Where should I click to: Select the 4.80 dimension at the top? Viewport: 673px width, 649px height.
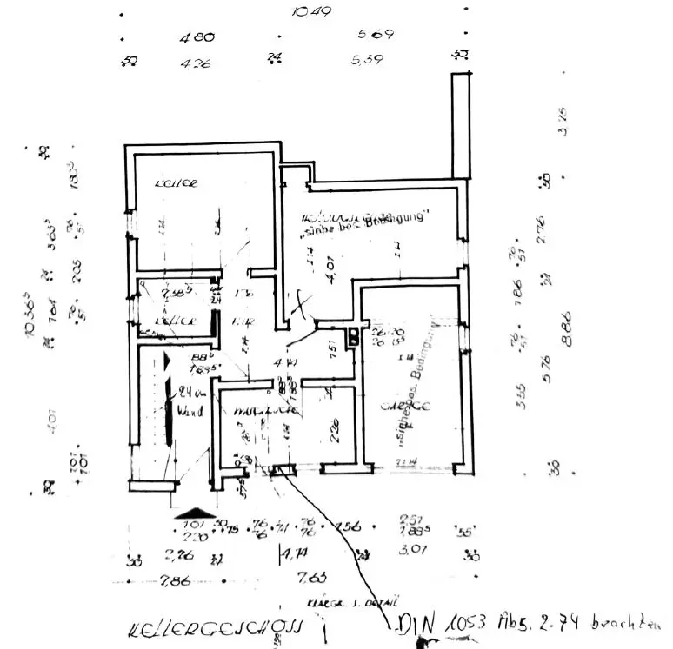click(x=197, y=38)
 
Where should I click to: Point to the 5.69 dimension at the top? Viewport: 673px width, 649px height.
click(x=376, y=35)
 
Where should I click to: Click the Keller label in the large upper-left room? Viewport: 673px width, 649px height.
click(x=177, y=183)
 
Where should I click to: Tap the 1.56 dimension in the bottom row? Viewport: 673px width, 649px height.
click(x=348, y=526)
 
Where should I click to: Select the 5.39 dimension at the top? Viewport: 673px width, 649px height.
click(x=367, y=60)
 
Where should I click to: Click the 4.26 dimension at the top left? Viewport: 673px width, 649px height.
click(x=197, y=63)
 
